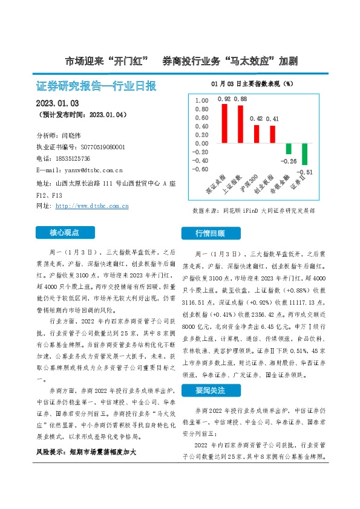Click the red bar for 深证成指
click(224, 123)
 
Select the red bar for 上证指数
click(240, 124)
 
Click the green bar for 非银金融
click(289, 149)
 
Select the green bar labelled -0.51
click(304, 154)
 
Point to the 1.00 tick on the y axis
click(200, 101)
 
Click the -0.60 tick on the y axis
click(199, 169)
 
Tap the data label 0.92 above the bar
click(224, 99)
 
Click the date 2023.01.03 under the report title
click(57, 103)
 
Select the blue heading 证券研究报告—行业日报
click(97, 86)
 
